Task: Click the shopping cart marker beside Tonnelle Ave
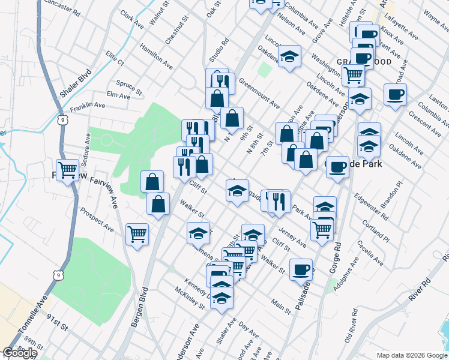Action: [x=67, y=170]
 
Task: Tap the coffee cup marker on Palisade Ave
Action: [x=301, y=269]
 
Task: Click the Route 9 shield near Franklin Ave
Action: [x=62, y=121]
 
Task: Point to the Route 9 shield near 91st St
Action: [x=57, y=275]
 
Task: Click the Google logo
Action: [x=20, y=353]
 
